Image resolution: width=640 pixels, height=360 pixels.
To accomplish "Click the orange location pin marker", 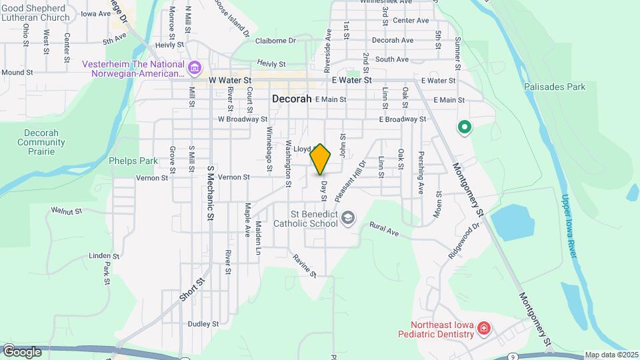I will pyautogui.click(x=321, y=159).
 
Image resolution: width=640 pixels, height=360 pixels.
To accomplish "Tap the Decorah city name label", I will pyautogui.click(x=292, y=99).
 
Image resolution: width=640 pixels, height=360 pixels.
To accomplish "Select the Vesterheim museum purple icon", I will pyautogui.click(x=195, y=67).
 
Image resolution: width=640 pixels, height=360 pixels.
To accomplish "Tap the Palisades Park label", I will pyautogui.click(x=554, y=87).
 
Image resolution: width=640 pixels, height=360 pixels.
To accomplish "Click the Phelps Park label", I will pyautogui.click(x=133, y=161).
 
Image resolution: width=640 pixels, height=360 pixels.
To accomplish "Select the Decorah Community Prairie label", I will pyautogui.click(x=41, y=137).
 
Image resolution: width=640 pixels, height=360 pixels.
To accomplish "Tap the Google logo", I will pyautogui.click(x=21, y=351).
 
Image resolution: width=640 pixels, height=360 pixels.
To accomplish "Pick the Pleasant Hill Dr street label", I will pyautogui.click(x=351, y=181).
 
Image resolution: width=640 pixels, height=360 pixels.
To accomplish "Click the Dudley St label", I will pyautogui.click(x=203, y=324).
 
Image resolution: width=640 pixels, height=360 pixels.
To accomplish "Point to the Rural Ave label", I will pyautogui.click(x=383, y=230).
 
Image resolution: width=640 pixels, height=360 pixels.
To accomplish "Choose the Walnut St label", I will pyautogui.click(x=66, y=210).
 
